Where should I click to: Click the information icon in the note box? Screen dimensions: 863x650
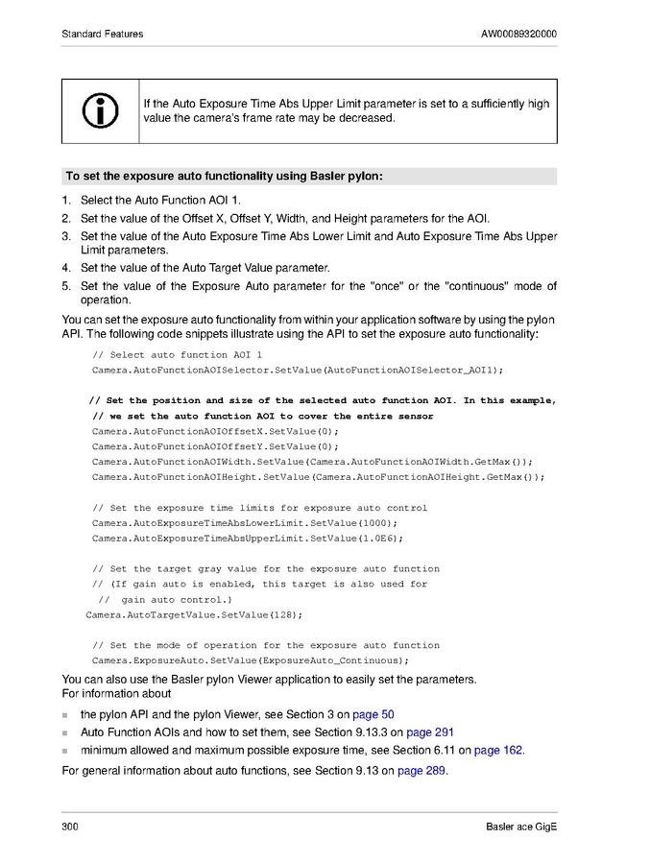click(100, 110)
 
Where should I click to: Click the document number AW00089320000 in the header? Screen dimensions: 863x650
click(518, 35)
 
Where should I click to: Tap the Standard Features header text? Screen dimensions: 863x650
click(103, 35)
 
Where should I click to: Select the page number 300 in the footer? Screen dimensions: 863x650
click(70, 827)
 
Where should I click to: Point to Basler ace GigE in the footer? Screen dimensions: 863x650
click(521, 827)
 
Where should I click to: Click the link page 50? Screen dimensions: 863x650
click(373, 715)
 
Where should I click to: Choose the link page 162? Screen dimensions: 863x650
click(498, 751)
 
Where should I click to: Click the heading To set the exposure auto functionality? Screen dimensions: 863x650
click(224, 177)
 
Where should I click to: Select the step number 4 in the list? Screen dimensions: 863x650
click(66, 268)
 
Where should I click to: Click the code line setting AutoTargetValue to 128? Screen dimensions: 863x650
click(194, 614)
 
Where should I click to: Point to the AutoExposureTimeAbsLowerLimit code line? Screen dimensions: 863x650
click(245, 523)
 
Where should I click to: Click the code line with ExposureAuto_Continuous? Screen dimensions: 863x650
click(251, 660)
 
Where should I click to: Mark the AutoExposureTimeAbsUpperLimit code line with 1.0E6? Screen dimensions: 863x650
click(247, 539)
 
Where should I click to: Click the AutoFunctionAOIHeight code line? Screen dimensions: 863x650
click(318, 477)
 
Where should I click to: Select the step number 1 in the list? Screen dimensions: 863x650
click(66, 201)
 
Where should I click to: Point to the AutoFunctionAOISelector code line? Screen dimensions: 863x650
click(298, 370)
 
